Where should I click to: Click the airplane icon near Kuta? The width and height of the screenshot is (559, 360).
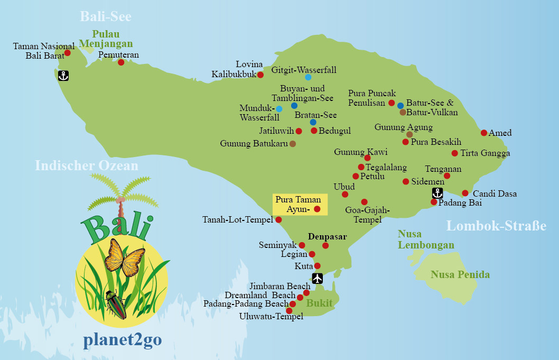(318, 278)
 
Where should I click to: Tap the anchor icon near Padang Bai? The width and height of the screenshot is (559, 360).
(437, 193)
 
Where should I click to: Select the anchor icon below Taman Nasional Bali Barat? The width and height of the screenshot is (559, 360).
(63, 76)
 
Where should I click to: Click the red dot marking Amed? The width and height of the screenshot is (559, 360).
(484, 133)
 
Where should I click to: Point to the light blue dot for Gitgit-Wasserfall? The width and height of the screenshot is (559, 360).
(308, 77)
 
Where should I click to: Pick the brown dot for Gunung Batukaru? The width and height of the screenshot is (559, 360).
(293, 143)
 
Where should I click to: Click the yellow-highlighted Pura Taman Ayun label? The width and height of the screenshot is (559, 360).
(300, 205)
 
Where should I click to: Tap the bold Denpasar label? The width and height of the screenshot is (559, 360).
(328, 236)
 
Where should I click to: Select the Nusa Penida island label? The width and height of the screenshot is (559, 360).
(460, 274)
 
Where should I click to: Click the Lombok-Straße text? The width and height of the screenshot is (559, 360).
(496, 226)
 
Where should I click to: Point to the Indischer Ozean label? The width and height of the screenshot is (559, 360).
(87, 166)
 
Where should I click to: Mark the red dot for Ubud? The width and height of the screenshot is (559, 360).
(345, 195)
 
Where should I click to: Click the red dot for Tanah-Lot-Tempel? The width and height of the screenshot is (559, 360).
(278, 220)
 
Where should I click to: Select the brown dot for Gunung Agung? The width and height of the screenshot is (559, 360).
(409, 134)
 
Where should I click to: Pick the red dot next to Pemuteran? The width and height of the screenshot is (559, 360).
(121, 62)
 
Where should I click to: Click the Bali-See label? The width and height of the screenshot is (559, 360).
(106, 16)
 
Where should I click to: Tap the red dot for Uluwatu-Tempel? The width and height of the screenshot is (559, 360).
(289, 310)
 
